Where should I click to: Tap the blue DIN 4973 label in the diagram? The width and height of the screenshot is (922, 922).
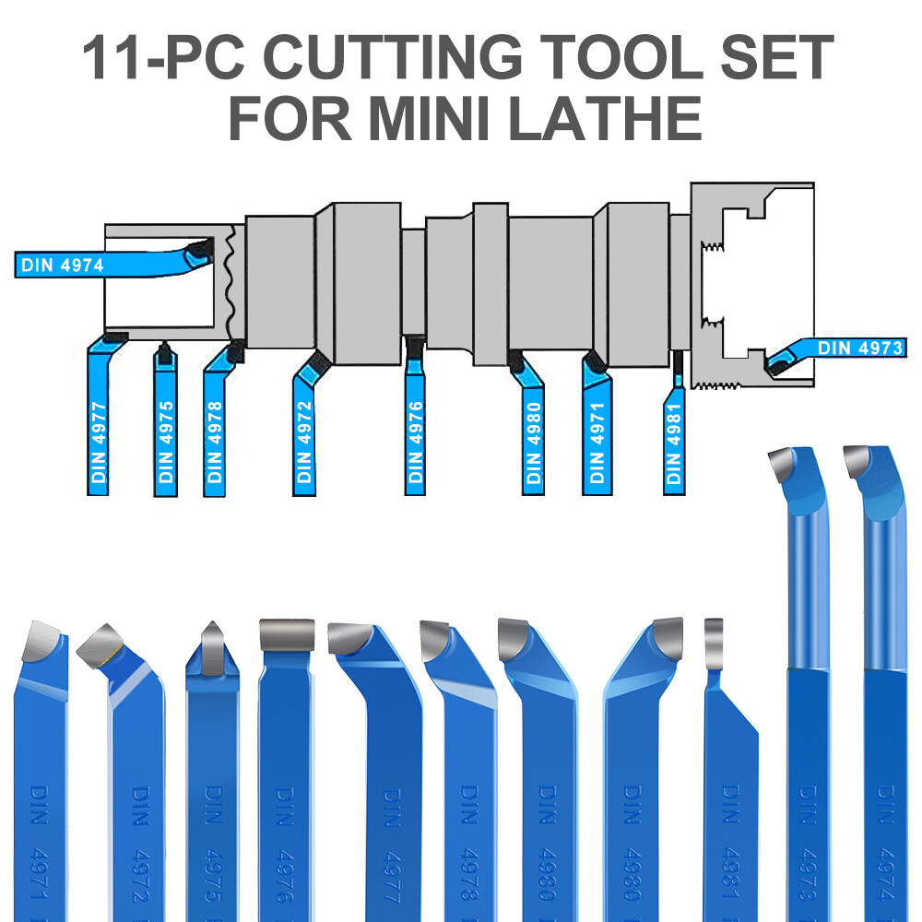point(860,348)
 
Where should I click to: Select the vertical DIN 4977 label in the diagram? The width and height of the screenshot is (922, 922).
point(100,443)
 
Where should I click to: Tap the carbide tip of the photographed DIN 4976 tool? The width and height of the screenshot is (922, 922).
point(287,634)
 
